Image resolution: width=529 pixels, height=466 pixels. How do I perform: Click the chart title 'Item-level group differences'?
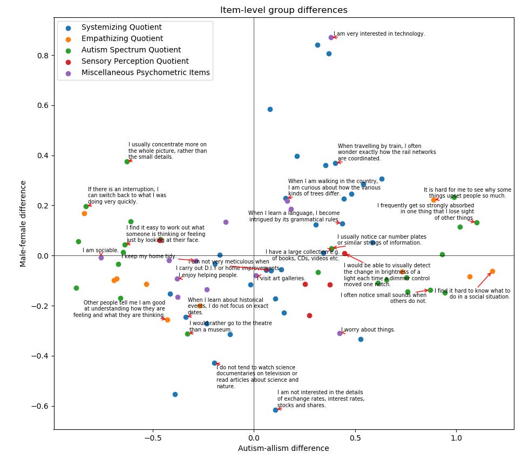283,10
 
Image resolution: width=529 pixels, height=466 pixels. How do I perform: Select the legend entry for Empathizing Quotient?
122,39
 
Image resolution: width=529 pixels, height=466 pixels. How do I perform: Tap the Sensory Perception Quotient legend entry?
135,62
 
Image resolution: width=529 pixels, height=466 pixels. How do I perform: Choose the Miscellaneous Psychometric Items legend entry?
145,73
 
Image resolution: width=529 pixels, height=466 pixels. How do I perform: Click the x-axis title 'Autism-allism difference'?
283,448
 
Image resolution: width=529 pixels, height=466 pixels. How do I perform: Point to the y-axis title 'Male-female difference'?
23,224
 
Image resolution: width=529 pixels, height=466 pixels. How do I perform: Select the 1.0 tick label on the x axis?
456,438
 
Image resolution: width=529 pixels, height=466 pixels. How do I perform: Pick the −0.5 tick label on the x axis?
152,438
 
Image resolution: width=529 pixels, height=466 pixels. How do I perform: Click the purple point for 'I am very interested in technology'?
331,37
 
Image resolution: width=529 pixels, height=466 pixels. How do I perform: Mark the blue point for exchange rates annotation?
275,410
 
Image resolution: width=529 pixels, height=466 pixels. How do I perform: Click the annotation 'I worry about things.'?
368,330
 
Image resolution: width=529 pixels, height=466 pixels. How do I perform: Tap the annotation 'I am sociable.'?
100,251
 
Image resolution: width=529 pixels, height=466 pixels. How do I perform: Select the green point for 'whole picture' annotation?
127,161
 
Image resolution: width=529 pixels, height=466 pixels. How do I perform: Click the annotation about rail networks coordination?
386,152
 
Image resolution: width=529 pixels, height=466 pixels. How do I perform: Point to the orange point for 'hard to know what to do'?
492,271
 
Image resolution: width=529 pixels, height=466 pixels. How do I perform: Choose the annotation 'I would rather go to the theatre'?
230,326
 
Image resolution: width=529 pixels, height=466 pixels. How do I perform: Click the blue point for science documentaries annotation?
214,363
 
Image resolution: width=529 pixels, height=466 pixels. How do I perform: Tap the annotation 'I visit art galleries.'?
281,279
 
